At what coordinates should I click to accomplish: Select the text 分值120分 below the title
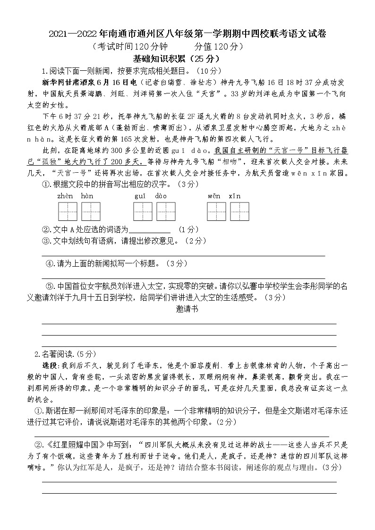click(219, 46)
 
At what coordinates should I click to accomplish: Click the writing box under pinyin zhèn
click(68, 211)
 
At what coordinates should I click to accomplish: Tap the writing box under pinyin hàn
click(91, 211)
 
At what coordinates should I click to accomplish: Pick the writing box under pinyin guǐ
click(143, 211)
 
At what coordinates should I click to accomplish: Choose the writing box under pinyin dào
click(166, 211)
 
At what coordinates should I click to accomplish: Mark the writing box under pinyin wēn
click(216, 211)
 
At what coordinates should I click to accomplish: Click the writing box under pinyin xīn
click(239, 211)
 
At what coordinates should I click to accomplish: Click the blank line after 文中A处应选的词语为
click(149, 230)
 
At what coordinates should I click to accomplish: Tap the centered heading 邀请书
click(187, 309)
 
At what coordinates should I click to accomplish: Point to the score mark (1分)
click(188, 229)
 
